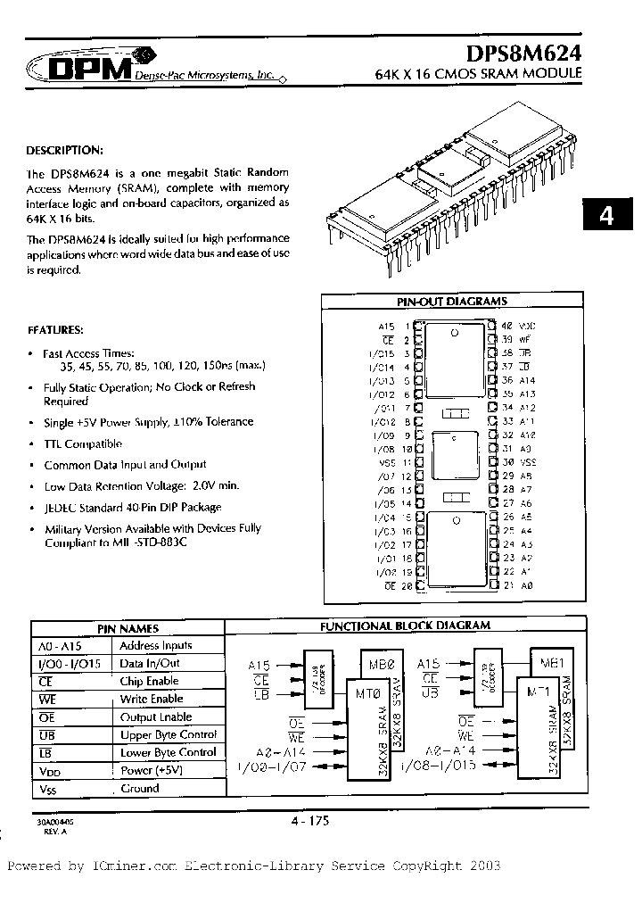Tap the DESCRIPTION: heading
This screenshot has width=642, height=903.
coord(65,150)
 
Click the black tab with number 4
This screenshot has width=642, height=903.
coord(606,216)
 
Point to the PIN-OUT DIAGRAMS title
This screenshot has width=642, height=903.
coord(451,302)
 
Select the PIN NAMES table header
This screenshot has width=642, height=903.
coord(127,628)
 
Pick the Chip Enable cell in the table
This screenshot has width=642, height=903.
coord(150,681)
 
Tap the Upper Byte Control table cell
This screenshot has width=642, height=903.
coord(169,734)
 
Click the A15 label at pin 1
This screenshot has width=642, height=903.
coord(385,327)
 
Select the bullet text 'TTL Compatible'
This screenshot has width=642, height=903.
coord(83,443)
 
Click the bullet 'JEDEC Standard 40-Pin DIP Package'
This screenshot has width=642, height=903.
coord(133,507)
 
